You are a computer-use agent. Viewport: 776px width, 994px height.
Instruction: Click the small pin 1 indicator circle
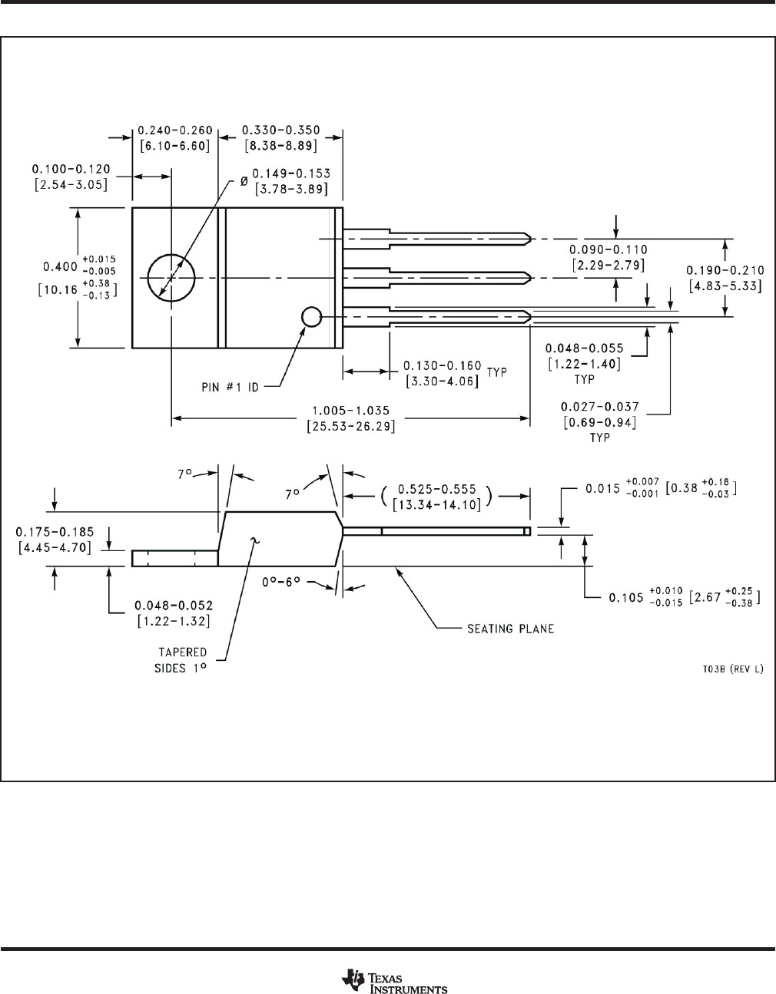(311, 316)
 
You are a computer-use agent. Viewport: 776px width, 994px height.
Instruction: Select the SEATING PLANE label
(511, 629)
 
